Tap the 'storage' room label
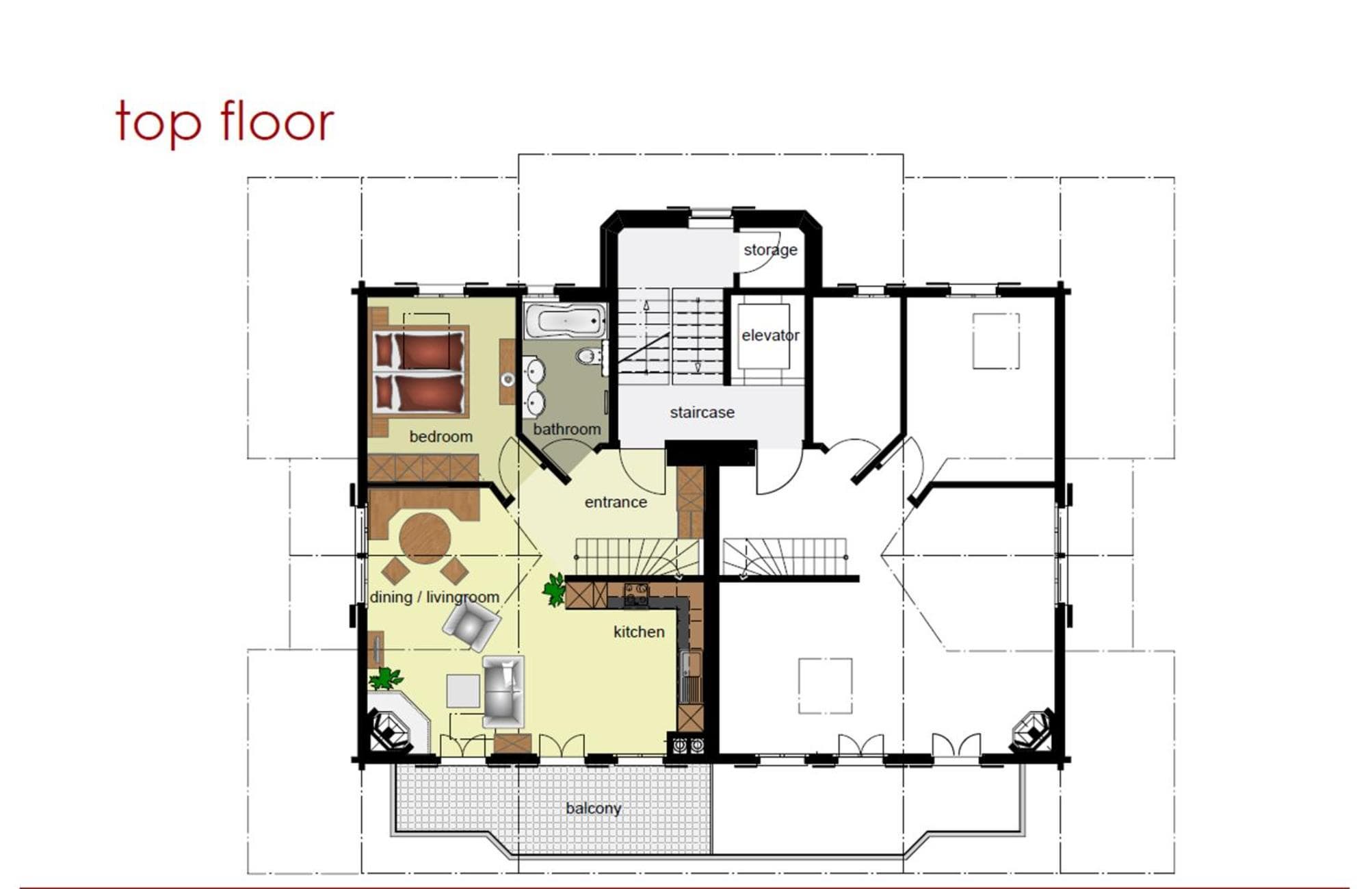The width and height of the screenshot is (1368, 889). click(770, 250)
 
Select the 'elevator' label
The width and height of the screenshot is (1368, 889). click(770, 335)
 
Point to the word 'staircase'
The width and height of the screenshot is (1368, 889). click(702, 412)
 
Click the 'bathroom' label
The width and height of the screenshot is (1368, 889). click(567, 429)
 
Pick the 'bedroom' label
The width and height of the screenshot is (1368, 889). click(440, 437)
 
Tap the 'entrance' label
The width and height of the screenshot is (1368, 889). click(616, 502)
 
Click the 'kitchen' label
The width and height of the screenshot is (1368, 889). click(639, 632)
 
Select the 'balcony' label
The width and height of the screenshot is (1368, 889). click(593, 808)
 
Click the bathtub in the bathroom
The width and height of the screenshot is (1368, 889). click(565, 322)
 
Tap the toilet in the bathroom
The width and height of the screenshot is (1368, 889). click(590, 356)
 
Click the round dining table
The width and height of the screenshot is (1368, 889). click(425, 538)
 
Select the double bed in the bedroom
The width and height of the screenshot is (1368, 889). click(420, 372)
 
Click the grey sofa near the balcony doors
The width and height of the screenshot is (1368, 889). click(503, 691)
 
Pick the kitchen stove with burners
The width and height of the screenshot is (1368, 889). click(636, 595)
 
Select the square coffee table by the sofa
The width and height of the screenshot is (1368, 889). click(463, 691)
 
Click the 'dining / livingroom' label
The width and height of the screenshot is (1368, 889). click(434, 597)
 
